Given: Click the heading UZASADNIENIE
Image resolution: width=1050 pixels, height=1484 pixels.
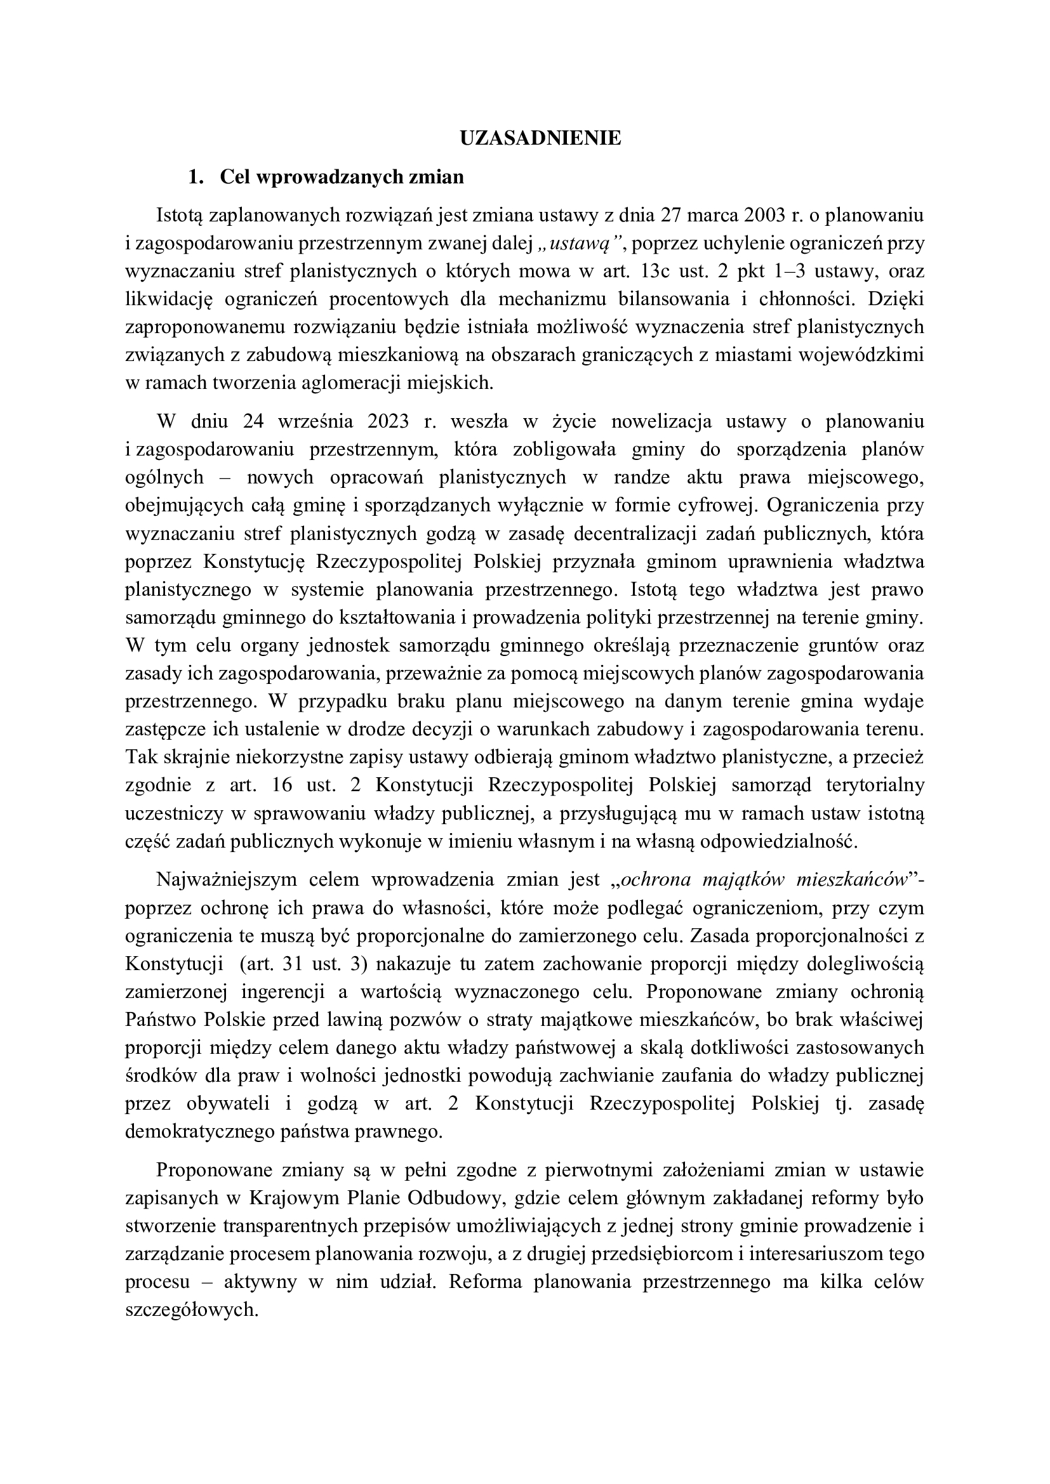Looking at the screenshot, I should (x=540, y=138).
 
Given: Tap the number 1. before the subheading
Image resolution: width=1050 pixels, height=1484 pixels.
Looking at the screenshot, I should (x=196, y=176).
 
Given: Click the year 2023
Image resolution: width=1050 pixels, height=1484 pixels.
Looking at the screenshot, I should (x=387, y=421).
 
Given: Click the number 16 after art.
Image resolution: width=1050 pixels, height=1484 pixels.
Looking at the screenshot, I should (x=280, y=785).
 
